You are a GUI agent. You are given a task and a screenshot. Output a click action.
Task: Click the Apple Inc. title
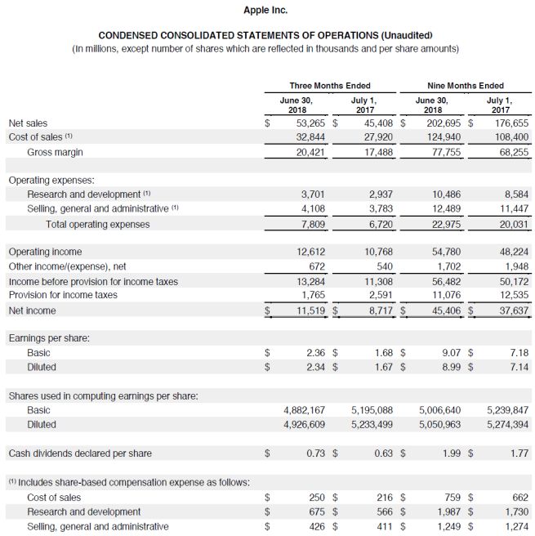[x=266, y=10]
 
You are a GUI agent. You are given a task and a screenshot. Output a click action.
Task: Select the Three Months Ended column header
[x=330, y=86]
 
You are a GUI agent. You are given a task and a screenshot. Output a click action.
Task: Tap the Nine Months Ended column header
[x=466, y=86]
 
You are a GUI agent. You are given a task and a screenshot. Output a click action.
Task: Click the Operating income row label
[x=45, y=252]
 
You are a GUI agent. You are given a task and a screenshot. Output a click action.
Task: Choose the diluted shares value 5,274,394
[x=506, y=424]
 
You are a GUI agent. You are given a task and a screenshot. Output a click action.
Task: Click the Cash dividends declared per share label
[x=80, y=453]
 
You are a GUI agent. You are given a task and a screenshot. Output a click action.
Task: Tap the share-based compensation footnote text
[x=129, y=481]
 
